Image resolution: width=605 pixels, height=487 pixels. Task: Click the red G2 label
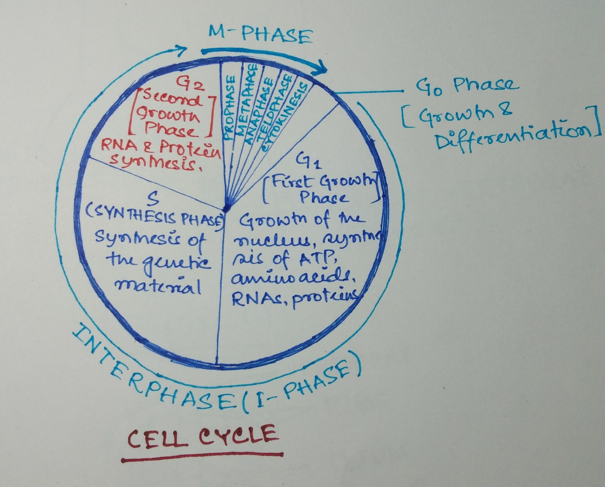point(191,84)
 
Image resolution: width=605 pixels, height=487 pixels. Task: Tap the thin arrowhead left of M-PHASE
point(182,50)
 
